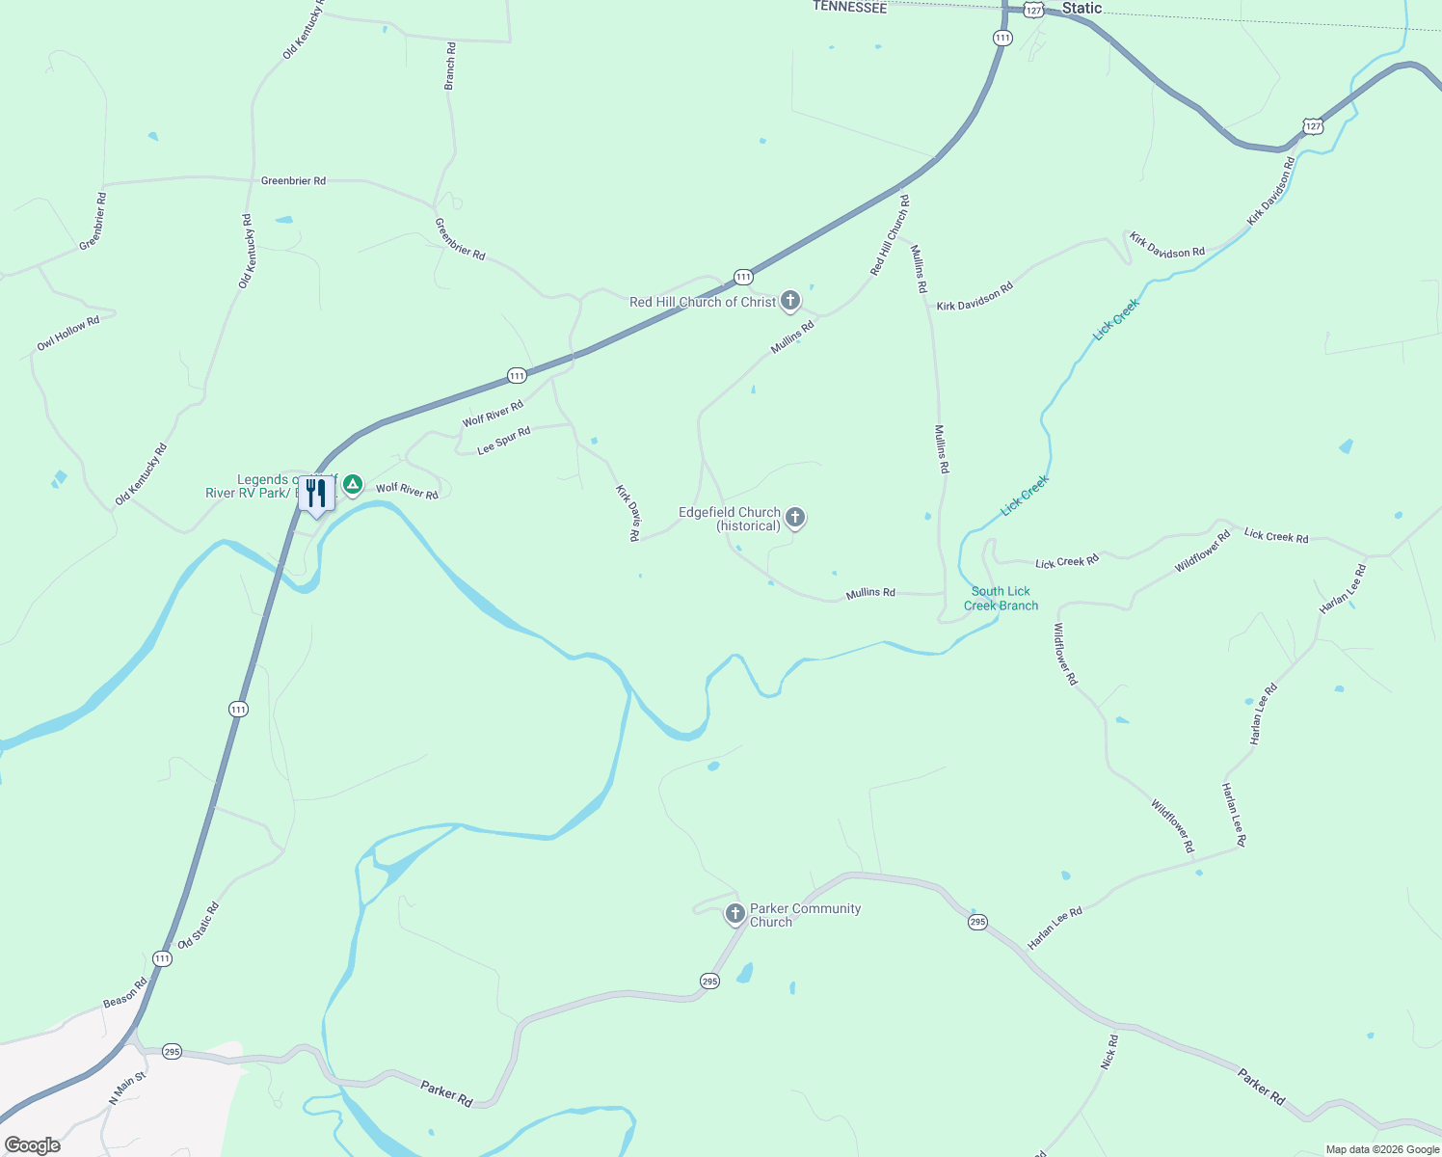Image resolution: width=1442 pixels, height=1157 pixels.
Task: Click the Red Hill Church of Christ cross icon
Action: (x=790, y=301)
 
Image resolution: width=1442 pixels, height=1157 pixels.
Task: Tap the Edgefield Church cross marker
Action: (x=795, y=518)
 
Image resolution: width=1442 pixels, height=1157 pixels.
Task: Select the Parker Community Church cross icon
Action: (x=734, y=913)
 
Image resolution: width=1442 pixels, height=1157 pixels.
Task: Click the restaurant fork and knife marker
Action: (x=316, y=494)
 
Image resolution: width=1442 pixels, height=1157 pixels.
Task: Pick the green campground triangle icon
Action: (x=353, y=484)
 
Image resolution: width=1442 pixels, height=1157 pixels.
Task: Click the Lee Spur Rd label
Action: (x=504, y=441)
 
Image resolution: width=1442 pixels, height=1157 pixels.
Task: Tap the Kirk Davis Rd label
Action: (x=628, y=513)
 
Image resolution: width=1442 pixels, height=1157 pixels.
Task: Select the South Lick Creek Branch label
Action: (x=1001, y=599)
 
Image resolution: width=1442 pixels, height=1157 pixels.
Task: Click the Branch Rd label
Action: (x=450, y=67)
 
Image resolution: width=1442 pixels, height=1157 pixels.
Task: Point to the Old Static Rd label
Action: (x=199, y=926)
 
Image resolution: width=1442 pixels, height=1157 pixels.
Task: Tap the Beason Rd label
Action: (x=125, y=993)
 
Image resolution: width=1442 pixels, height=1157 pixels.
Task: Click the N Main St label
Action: (x=127, y=1088)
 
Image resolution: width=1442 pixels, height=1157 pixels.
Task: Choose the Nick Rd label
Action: (x=1109, y=1052)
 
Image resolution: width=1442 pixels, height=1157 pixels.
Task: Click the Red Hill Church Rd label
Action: (x=890, y=235)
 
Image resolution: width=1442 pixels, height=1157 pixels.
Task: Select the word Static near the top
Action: (x=1081, y=9)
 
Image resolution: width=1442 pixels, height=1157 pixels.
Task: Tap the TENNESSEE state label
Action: (x=849, y=7)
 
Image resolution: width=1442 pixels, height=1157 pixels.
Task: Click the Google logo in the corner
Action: (x=33, y=1145)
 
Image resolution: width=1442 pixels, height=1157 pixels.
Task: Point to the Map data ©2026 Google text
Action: (x=1382, y=1149)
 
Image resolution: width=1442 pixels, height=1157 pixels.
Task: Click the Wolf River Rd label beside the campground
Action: (x=407, y=490)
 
